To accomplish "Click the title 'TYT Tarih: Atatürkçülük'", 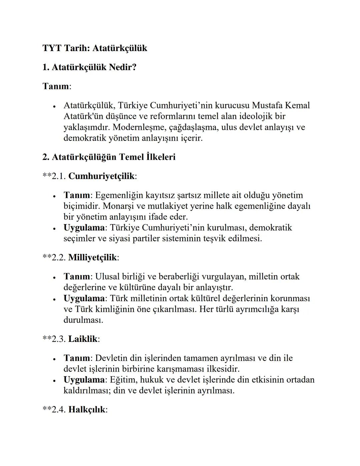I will coord(95,48).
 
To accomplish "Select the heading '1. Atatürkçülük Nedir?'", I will coord(89,67).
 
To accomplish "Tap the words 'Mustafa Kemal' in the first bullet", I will coord(281,105).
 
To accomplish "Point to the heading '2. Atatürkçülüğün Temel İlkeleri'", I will coord(109,157).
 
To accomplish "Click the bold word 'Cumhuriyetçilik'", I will coord(101,176).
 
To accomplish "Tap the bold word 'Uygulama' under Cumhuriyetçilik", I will coord(84,228).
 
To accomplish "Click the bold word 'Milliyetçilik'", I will coord(93,258).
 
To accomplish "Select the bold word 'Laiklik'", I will coord(83,339).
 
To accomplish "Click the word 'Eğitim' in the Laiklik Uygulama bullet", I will coord(123,380).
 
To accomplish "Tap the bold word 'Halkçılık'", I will coord(87,410).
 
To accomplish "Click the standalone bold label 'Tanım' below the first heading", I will coord(56,86).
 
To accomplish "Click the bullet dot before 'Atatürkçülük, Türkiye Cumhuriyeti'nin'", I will coord(54,106).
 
